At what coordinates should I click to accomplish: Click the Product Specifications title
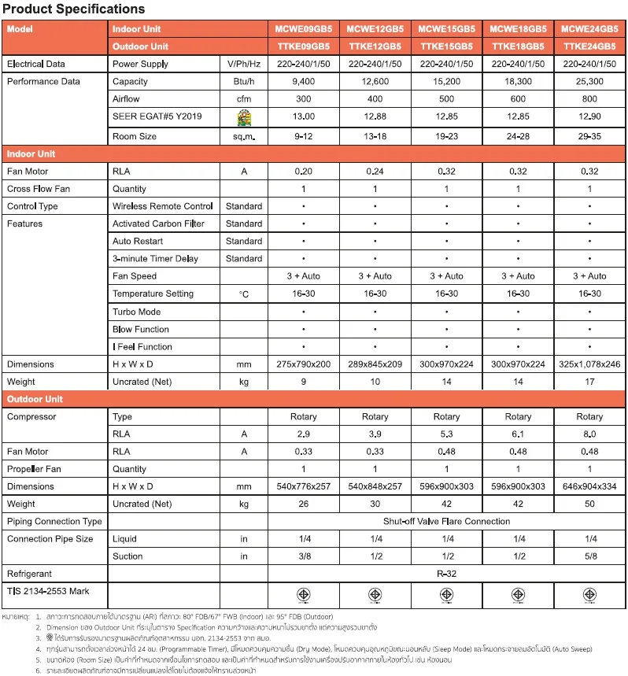(73, 9)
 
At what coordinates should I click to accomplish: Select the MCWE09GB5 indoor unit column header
(303, 28)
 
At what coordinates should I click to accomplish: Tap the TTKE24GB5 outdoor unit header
(589, 46)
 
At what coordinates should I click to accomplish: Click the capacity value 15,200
(446, 81)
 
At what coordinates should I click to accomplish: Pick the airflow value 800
(589, 99)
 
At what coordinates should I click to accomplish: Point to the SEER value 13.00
(303, 116)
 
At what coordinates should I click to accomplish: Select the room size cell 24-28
(518, 136)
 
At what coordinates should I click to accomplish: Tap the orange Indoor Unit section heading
(31, 153)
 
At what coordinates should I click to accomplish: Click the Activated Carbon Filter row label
(158, 223)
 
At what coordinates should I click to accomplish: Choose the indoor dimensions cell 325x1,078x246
(589, 364)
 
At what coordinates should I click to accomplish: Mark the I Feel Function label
(142, 346)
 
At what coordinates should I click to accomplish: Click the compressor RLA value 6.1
(518, 434)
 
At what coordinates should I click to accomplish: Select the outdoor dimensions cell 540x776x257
(303, 486)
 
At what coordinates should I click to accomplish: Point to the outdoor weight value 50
(589, 504)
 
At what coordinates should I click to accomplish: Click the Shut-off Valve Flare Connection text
(446, 521)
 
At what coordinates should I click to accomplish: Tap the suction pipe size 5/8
(589, 556)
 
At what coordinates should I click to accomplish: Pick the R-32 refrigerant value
(446, 574)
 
